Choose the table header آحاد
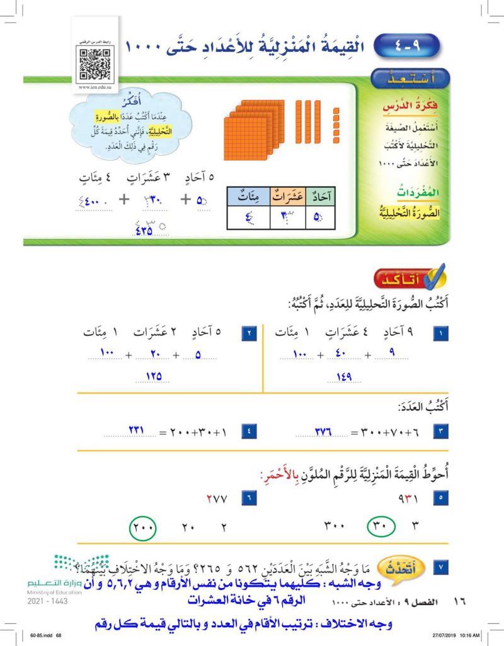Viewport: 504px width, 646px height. pos(321,197)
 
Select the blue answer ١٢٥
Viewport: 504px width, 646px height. pos(153,377)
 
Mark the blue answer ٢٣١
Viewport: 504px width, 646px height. pos(137,432)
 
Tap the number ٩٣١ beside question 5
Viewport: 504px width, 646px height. pos(410,499)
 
